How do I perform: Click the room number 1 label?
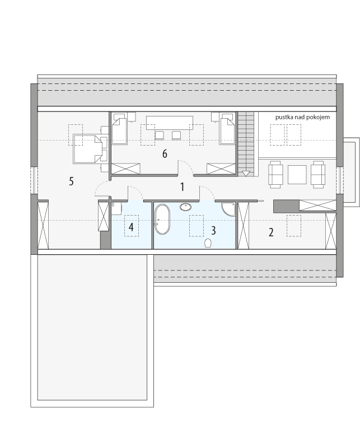pyautogui.click(x=182, y=187)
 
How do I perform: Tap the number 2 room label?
pyautogui.click(x=271, y=232)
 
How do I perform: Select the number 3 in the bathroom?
pyautogui.click(x=213, y=230)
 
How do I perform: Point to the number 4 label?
pyautogui.click(x=131, y=227)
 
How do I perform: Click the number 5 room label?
pyautogui.click(x=71, y=181)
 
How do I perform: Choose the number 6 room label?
pyautogui.click(x=165, y=153)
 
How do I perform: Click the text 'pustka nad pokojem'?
pyautogui.click(x=302, y=117)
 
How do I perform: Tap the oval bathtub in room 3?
pyautogui.click(x=162, y=219)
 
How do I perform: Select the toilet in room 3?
pyautogui.click(x=209, y=242)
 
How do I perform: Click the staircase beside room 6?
pyautogui.click(x=245, y=143)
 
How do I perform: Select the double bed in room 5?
pyautogui.click(x=87, y=148)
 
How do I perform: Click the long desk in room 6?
pyautogui.click(x=169, y=123)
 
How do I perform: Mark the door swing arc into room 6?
pyautogui.click(x=186, y=166)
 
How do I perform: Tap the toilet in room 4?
pyautogui.click(x=116, y=209)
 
